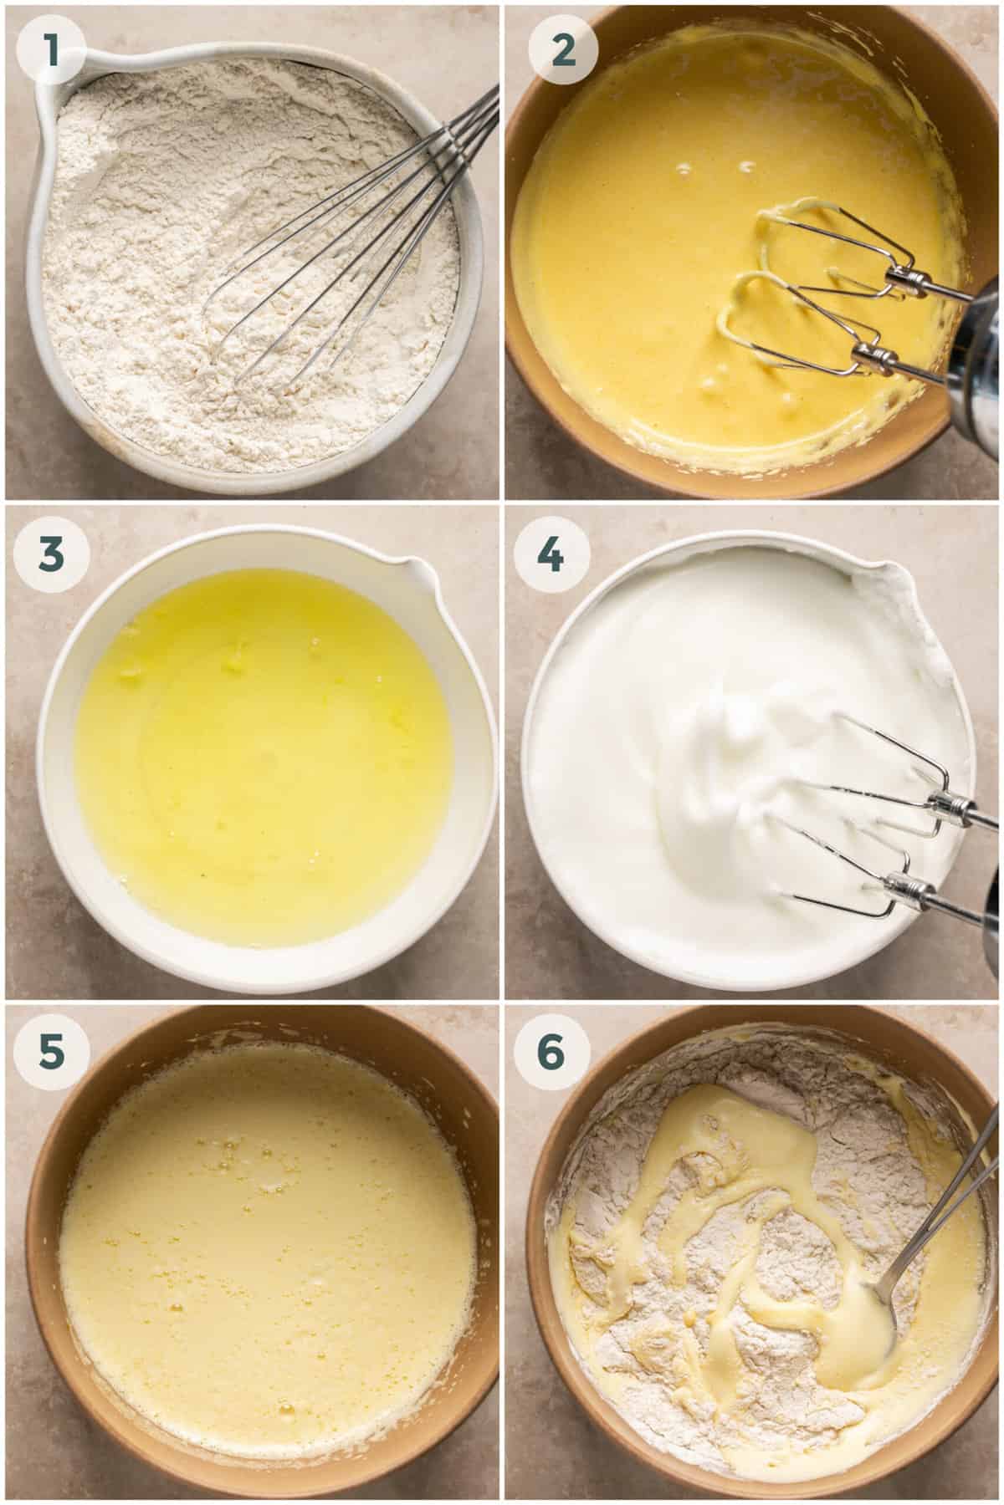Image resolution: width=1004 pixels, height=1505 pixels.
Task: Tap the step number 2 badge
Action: (x=566, y=52)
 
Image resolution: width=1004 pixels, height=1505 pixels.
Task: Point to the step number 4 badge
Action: (x=551, y=555)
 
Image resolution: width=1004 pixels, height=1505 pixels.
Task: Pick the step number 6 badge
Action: (x=551, y=1053)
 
